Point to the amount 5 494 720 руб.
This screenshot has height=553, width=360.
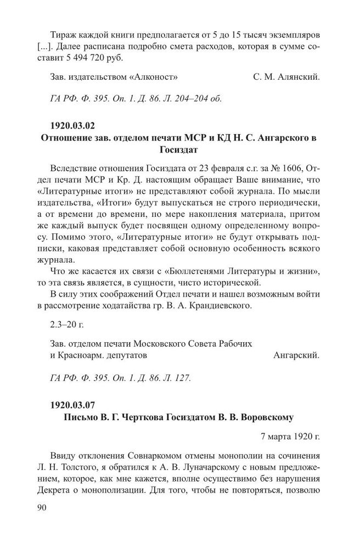89,58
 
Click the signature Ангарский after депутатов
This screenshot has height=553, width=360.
296,355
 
